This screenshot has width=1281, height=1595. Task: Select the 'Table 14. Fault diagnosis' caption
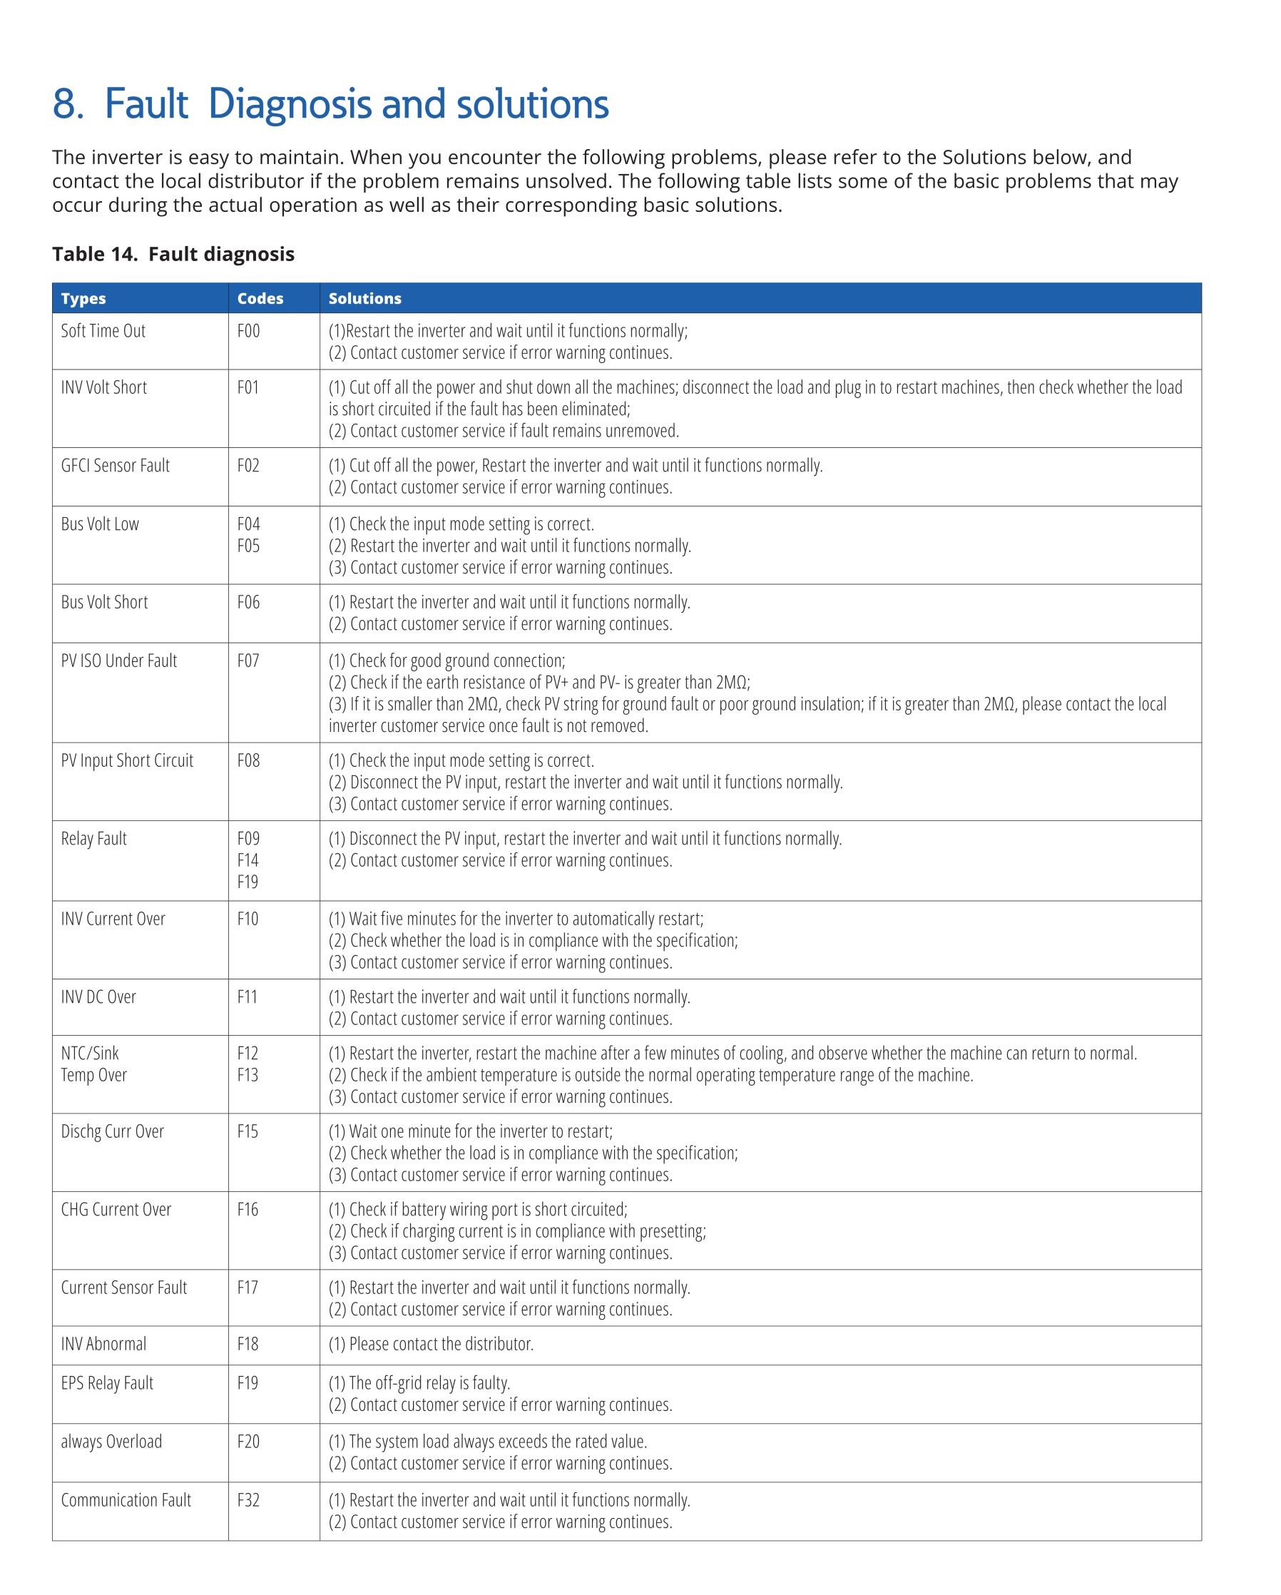pos(173,254)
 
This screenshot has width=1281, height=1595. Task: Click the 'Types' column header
pos(83,298)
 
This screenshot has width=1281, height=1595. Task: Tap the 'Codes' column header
pos(260,298)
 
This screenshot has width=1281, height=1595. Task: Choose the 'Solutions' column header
pos(364,298)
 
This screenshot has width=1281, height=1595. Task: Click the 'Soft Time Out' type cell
pos(103,331)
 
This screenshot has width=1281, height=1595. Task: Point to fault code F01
pos(247,387)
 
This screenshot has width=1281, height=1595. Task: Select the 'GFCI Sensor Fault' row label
pos(115,465)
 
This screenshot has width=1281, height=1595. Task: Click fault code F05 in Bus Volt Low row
pos(248,546)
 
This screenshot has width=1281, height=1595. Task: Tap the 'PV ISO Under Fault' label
pos(118,661)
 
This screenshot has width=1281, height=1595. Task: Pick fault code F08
pos(248,760)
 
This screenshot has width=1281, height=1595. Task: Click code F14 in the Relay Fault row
pos(247,860)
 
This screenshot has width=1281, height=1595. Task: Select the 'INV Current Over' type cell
pos(113,919)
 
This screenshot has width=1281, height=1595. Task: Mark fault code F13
pos(247,1075)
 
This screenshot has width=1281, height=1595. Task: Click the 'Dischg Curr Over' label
pos(113,1131)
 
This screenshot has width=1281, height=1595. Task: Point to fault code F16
pos(247,1210)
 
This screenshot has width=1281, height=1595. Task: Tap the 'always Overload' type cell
pos(111,1442)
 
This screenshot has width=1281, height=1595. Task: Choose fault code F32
pos(248,1500)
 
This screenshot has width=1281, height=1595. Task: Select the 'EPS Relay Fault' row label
pos(106,1383)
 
